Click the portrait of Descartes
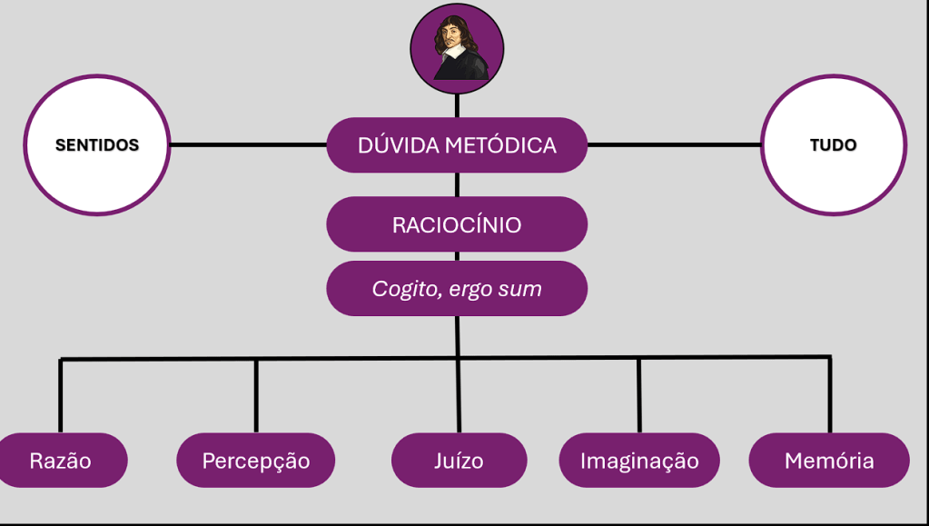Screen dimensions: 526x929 click(457, 47)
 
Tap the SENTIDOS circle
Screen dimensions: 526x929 click(96, 145)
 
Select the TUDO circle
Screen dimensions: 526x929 click(833, 145)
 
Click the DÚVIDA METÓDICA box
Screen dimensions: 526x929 click(457, 145)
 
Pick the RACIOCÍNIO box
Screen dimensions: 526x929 click(457, 224)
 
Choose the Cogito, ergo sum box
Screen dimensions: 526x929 click(457, 289)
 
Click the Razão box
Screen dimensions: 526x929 click(61, 461)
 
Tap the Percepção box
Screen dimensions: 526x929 click(255, 461)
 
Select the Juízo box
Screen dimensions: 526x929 click(459, 461)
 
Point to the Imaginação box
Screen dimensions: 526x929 click(639, 461)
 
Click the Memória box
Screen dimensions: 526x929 click(829, 461)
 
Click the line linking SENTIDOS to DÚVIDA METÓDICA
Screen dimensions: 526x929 click(248, 144)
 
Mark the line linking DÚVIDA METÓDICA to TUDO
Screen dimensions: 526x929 click(674, 144)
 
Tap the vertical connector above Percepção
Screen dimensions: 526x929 click(256, 395)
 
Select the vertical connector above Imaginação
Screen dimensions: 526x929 click(639, 395)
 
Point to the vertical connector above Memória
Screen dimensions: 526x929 click(830, 395)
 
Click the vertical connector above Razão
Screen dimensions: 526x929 click(61, 395)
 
